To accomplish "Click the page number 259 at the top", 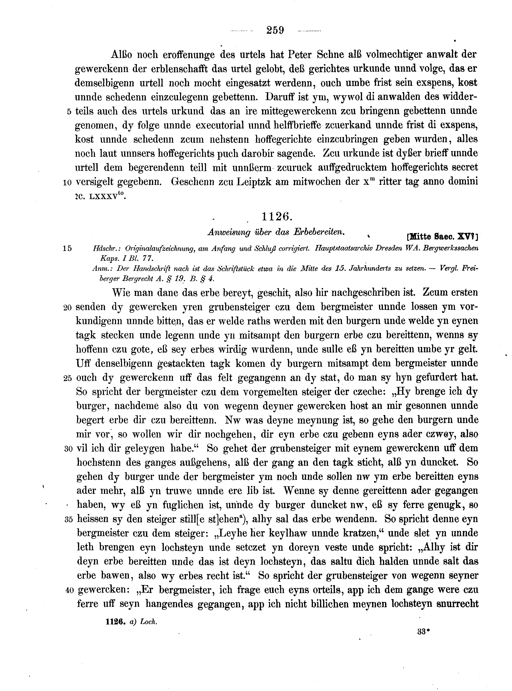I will point(275,30).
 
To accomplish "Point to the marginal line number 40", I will point(69,591).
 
